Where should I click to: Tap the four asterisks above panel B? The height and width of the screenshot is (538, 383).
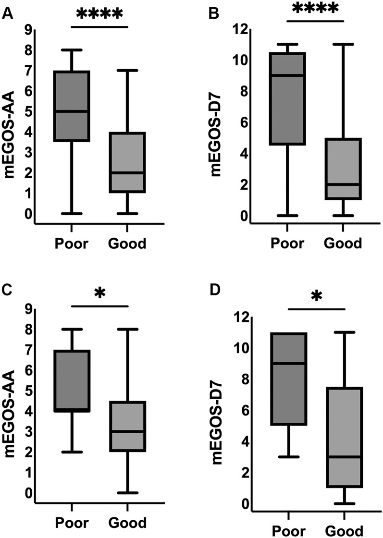pyautogui.click(x=316, y=9)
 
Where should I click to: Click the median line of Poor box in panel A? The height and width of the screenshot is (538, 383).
pyautogui.click(x=72, y=111)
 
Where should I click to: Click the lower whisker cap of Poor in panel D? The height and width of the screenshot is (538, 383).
pyautogui.click(x=287, y=457)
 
